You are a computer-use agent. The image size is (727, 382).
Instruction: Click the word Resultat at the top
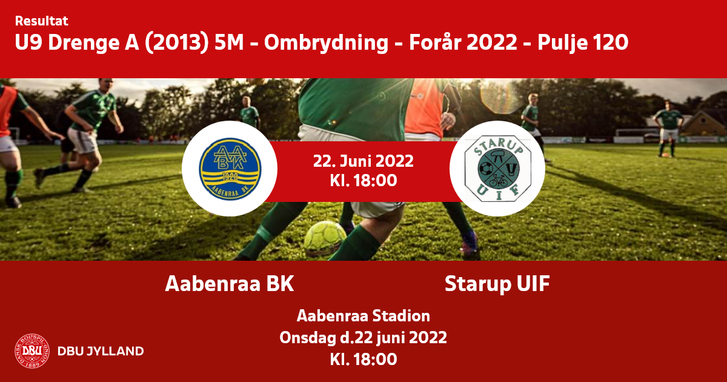coord(42,21)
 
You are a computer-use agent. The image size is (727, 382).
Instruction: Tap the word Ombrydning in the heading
coord(326,43)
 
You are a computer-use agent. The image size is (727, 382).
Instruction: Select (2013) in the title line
coord(176,42)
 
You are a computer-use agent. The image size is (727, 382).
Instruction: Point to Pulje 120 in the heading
coord(583,42)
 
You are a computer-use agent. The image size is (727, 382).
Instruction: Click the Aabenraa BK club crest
coord(230,169)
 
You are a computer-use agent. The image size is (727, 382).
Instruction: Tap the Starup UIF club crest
coord(497,169)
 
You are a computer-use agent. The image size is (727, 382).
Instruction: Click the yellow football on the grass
coord(325,238)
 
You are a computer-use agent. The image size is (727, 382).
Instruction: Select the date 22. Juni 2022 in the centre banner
coord(363,161)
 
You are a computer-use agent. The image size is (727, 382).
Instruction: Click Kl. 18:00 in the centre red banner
coord(363,181)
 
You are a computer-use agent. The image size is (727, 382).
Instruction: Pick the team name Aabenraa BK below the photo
coord(230,284)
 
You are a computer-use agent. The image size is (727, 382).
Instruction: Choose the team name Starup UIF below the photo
coord(497,284)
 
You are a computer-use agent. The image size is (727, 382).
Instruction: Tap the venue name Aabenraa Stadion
coord(363,316)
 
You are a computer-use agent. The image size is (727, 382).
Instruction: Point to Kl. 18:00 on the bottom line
coord(363,359)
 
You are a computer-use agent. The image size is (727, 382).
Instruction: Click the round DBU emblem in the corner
coord(32,351)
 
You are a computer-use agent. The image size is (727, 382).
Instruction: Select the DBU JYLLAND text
coord(101,351)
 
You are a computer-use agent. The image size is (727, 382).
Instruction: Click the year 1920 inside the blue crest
coord(230,176)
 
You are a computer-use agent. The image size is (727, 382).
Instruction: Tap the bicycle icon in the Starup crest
coord(498,181)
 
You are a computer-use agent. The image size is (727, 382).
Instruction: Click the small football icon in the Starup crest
coord(486,169)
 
